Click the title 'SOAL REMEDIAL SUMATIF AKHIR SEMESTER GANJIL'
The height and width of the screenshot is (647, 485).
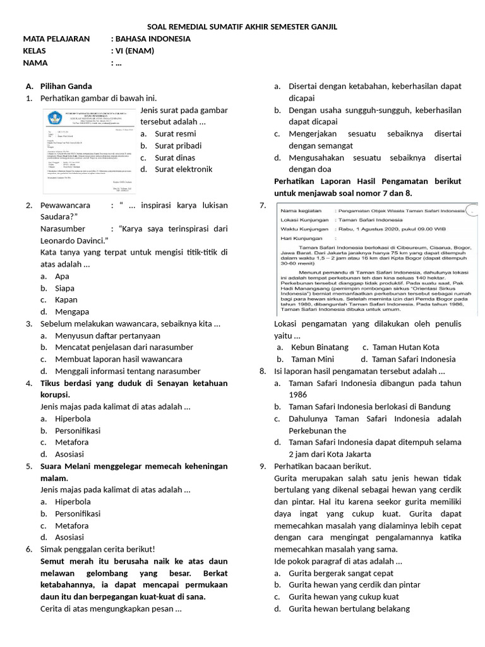tap(242, 27)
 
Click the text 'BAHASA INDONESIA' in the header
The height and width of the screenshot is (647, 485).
tap(155, 39)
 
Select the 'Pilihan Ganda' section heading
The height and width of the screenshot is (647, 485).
tap(66, 86)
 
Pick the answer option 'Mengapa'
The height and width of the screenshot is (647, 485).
tap(72, 311)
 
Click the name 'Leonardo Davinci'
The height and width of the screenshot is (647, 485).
tap(73, 241)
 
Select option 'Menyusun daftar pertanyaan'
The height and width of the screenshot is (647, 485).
tap(107, 336)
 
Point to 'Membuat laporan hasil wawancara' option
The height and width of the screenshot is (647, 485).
tap(119, 360)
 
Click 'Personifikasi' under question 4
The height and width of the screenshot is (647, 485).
tap(78, 430)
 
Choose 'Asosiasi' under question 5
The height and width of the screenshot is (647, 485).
tap(69, 537)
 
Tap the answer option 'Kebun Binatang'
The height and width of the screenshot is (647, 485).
tap(320, 348)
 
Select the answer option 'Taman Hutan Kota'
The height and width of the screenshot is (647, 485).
tap(405, 348)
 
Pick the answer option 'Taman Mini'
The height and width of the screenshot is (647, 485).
tap(312, 360)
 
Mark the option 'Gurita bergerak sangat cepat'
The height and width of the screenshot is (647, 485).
tap(341, 573)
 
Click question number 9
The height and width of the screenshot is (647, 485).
tap(262, 466)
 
